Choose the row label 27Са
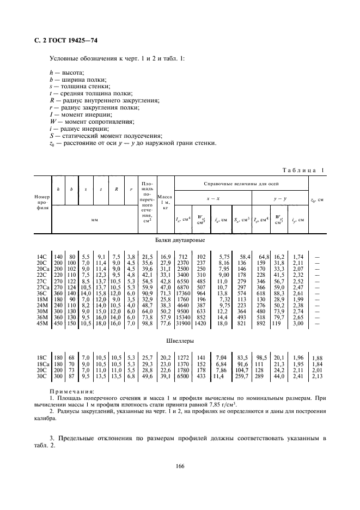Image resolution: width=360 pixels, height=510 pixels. (43, 287)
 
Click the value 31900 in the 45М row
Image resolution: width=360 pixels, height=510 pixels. (183, 324)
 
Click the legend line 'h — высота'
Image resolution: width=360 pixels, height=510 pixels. (64, 72)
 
